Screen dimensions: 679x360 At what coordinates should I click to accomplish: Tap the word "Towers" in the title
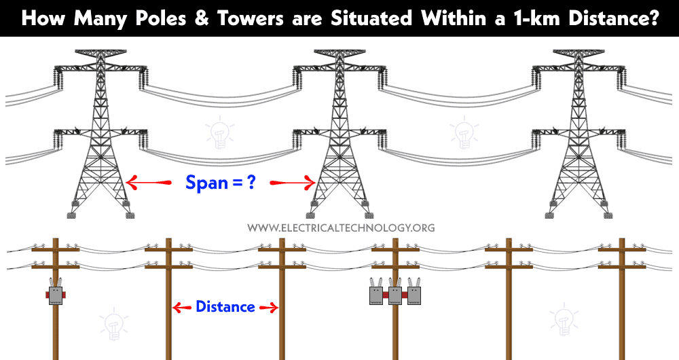[x=250, y=18]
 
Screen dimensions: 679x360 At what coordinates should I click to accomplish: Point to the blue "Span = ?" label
[x=221, y=183]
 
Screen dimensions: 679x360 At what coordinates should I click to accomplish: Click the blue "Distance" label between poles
[x=225, y=307]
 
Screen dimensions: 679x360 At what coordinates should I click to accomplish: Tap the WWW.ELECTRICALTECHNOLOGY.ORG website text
[x=342, y=228]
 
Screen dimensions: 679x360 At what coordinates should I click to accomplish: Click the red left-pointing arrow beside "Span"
[x=148, y=183]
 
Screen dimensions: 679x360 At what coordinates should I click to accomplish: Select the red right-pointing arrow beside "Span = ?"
[x=292, y=183]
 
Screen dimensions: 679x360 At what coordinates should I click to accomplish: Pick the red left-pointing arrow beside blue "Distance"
[x=182, y=308]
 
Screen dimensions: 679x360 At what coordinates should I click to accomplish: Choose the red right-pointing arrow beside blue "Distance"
[x=268, y=308]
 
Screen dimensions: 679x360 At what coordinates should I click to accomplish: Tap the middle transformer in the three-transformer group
[x=395, y=292]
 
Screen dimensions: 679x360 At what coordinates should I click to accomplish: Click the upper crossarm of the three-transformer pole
[x=395, y=249]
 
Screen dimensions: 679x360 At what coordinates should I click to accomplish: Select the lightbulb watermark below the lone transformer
[x=114, y=324]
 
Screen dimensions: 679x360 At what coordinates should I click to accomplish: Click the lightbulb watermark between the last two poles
[x=564, y=320]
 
